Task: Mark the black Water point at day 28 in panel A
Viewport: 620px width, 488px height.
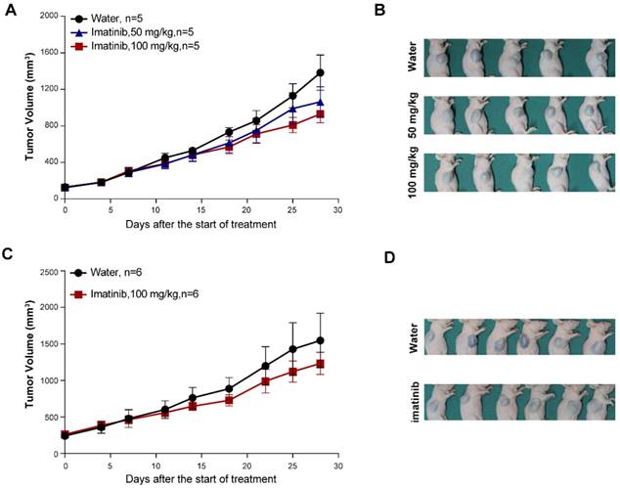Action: (320, 72)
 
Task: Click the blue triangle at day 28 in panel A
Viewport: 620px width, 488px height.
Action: (320, 102)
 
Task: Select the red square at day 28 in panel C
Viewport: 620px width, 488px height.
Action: (320, 364)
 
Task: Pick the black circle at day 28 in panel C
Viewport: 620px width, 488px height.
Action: (320, 340)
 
